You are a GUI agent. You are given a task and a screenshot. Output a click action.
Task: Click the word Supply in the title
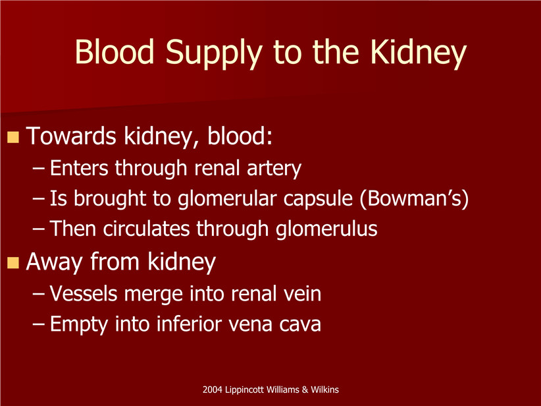coord(214,53)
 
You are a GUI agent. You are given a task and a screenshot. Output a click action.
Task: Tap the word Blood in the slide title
coord(115,51)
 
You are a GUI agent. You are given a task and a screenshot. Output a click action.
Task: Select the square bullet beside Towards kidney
coord(13,137)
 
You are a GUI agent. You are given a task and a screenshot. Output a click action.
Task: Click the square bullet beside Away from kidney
coord(13,262)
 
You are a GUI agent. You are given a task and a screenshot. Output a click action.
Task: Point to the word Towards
coord(70,136)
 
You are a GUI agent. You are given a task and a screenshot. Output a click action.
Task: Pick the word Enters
coord(79,168)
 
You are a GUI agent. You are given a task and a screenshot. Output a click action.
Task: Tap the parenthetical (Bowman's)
coord(414,199)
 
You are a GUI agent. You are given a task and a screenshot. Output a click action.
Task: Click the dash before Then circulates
coord(38,229)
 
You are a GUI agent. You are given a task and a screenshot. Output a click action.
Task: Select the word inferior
coord(189,324)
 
